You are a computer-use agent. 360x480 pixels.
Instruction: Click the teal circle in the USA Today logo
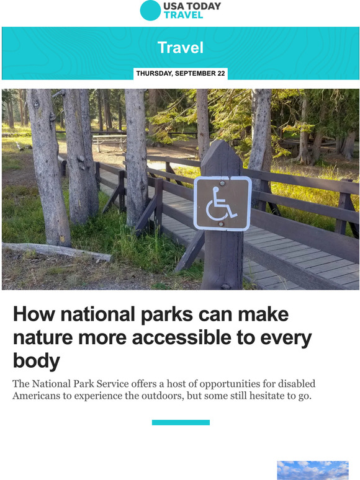coord(150,11)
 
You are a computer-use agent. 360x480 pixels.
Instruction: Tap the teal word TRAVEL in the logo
coord(183,15)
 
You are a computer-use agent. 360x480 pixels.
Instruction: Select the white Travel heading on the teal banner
coord(180,47)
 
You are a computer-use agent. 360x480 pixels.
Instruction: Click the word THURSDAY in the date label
coord(155,74)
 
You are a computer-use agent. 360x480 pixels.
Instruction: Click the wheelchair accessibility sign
coord(222,203)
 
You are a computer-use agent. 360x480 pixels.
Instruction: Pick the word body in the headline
coord(37,361)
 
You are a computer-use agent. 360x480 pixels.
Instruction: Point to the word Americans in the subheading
coord(42,396)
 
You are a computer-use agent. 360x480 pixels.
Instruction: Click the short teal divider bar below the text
coord(181,422)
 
